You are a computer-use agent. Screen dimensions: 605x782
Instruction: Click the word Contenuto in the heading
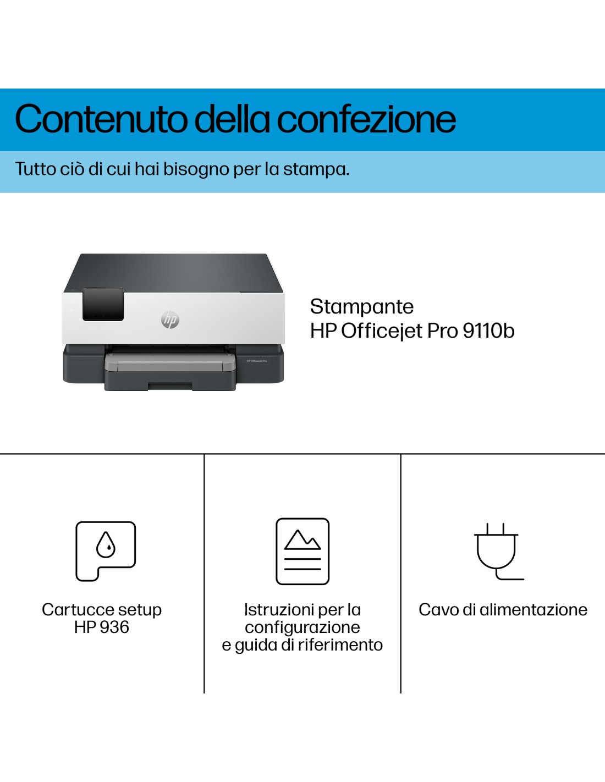pyautogui.click(x=101, y=119)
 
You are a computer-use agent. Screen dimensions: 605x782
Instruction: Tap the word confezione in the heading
pyautogui.click(x=366, y=118)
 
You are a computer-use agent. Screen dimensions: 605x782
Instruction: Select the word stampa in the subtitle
pyautogui.click(x=316, y=169)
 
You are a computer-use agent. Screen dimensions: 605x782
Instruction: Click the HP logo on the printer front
pyautogui.click(x=170, y=320)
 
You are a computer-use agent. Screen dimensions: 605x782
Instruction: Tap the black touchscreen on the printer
pyautogui.click(x=103, y=304)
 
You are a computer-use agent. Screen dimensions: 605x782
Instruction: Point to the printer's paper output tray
pyautogui.click(x=170, y=362)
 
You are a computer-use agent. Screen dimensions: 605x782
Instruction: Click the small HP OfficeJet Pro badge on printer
pyautogui.click(x=257, y=361)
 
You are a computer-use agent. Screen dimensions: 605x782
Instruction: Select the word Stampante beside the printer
pyautogui.click(x=362, y=307)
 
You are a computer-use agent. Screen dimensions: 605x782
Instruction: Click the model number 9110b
pyautogui.click(x=488, y=331)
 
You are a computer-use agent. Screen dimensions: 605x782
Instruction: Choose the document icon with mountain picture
pyautogui.click(x=302, y=551)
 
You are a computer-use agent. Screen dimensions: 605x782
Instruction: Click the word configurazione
pyautogui.click(x=302, y=627)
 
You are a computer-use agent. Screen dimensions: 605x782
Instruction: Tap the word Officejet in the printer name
pyautogui.click(x=382, y=331)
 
